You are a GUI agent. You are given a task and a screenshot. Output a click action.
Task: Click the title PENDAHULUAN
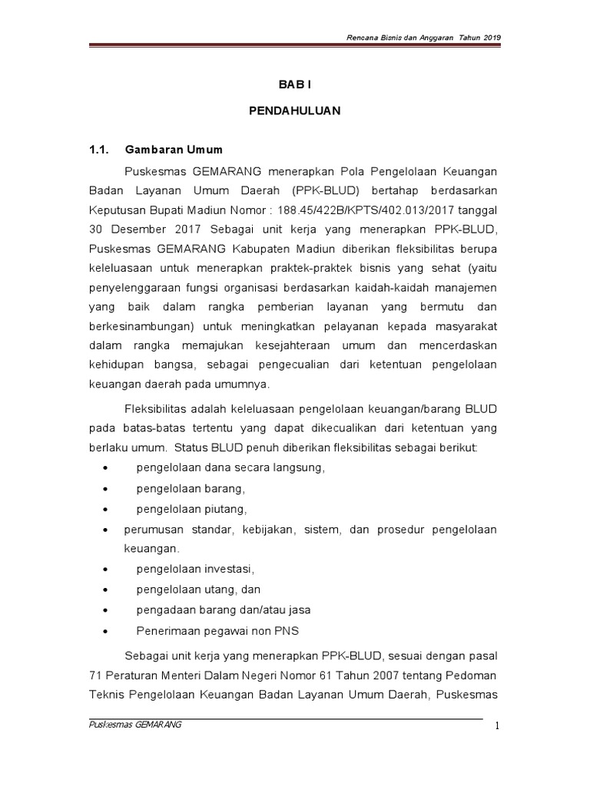[295, 111]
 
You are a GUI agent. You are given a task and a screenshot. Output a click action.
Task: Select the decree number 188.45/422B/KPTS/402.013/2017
[340, 209]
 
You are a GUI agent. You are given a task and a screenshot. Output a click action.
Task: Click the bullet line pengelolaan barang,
[190, 488]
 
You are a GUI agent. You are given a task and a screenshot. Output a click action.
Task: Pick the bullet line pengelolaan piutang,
[192, 509]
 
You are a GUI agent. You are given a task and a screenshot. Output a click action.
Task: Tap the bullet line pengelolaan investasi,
[194, 570]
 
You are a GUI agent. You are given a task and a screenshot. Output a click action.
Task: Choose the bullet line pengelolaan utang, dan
[199, 590]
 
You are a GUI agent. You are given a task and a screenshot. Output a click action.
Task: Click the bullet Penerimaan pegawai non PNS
[217, 631]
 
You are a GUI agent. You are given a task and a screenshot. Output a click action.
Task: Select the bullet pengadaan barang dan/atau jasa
[223, 610]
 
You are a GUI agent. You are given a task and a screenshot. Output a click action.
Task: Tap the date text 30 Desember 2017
[135, 229]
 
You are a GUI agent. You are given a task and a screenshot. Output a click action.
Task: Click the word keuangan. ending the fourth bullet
[151, 550]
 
